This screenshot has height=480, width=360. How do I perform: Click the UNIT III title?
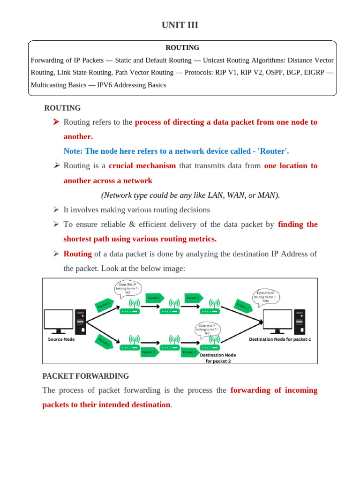pyautogui.click(x=180, y=25)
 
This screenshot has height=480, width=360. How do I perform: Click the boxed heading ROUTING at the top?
pyautogui.click(x=182, y=47)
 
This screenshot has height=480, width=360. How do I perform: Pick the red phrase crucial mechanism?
pyautogui.click(x=142, y=165)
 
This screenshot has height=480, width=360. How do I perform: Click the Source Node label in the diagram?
pyautogui.click(x=61, y=339)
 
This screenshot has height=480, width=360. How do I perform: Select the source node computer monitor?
pyautogui.click(x=58, y=320)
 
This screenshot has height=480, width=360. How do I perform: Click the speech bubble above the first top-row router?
pyautogui.click(x=127, y=287)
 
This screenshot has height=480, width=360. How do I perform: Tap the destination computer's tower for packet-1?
pyautogui.click(x=299, y=321)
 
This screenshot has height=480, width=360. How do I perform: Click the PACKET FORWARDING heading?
pyautogui.click(x=85, y=376)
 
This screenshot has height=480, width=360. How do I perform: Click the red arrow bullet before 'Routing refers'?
pyautogui.click(x=56, y=122)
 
